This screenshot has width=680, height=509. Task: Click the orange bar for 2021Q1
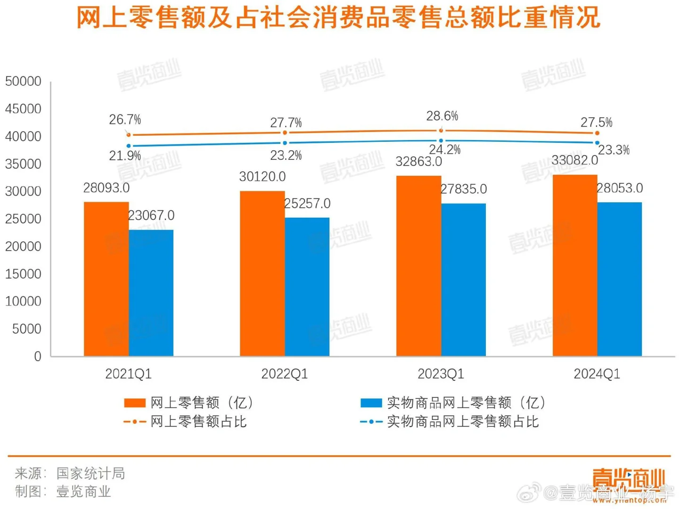click(x=106, y=279)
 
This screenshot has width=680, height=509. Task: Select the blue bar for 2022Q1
click(x=307, y=287)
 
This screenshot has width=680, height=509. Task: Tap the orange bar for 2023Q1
click(x=418, y=266)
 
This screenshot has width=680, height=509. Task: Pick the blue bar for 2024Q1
click(x=619, y=279)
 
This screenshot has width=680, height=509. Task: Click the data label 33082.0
click(x=574, y=161)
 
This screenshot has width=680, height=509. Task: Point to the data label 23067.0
click(x=151, y=215)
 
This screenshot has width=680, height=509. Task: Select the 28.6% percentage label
click(x=442, y=116)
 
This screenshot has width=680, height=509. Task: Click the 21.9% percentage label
click(x=125, y=156)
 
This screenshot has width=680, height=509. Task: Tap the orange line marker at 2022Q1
click(x=285, y=133)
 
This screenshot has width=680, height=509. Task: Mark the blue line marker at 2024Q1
click(x=597, y=142)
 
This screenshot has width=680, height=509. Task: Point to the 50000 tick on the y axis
click(x=23, y=81)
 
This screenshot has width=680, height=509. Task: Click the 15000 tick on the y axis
click(x=23, y=274)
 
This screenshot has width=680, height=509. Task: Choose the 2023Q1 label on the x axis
click(x=441, y=374)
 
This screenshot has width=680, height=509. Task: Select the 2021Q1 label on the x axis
click(x=128, y=374)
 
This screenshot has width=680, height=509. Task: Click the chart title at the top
click(x=338, y=18)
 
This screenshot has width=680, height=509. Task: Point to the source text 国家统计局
click(x=90, y=473)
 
